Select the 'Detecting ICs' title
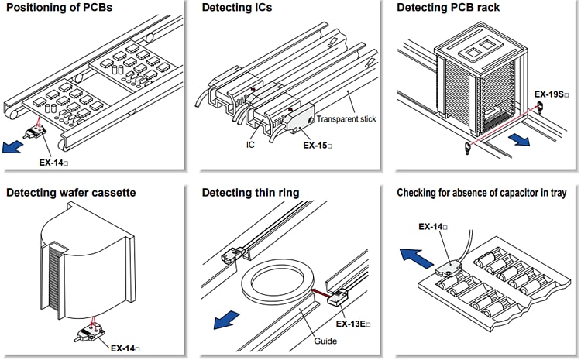point(238,9)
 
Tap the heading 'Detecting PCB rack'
point(448,9)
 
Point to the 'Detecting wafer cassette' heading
point(71,192)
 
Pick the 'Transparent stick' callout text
point(346,119)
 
